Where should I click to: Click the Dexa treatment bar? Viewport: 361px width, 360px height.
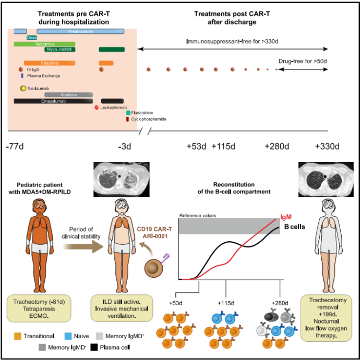(31, 38)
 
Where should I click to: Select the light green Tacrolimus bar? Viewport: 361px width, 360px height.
(44, 44)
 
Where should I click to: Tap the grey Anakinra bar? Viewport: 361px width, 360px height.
(69, 95)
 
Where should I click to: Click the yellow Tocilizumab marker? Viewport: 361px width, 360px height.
(23, 88)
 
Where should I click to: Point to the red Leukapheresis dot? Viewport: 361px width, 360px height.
(97, 107)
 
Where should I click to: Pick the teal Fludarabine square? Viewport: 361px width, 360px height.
(128, 113)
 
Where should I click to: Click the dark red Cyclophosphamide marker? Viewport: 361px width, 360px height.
(127, 119)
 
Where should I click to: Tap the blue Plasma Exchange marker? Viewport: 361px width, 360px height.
(22, 76)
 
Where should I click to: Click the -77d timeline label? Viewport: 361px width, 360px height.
(15, 146)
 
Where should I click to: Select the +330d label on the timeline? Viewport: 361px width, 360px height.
(327, 146)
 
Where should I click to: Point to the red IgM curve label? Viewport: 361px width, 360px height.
(286, 217)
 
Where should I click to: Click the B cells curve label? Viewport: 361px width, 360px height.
(295, 227)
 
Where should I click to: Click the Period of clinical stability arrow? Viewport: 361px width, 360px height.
(83, 246)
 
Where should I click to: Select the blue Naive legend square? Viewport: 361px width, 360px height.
(68, 336)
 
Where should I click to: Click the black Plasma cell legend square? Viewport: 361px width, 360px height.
(94, 347)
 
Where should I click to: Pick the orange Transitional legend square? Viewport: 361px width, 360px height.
(18, 336)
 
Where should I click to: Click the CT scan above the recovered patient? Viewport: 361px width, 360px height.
(326, 179)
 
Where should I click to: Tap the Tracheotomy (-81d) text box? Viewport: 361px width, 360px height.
(39, 308)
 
